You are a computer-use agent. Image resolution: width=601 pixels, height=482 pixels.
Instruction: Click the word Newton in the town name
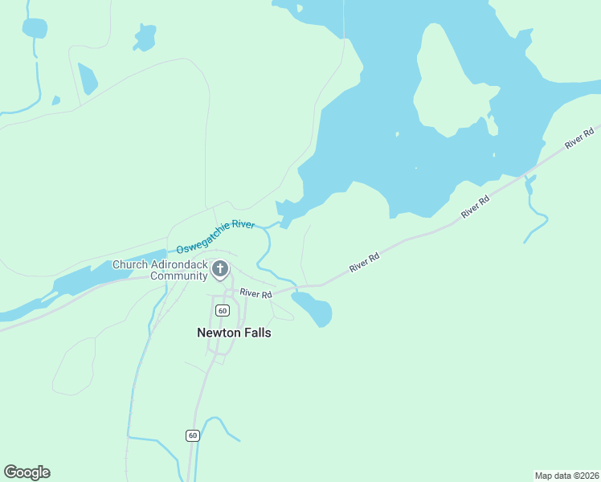pyautogui.click(x=219, y=332)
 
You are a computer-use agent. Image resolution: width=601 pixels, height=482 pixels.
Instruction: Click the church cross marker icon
pyautogui.click(x=220, y=270)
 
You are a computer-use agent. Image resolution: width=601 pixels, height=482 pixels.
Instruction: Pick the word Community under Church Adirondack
pyautogui.click(x=179, y=276)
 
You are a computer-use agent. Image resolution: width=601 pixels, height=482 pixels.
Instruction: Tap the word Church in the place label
pyautogui.click(x=129, y=264)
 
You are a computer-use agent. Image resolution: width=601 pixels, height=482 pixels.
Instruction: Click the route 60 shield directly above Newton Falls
pyautogui.click(x=223, y=310)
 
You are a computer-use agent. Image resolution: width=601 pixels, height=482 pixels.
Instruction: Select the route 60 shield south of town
pyautogui.click(x=193, y=435)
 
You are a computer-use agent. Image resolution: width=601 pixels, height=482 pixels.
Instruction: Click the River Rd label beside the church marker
pyautogui.click(x=256, y=294)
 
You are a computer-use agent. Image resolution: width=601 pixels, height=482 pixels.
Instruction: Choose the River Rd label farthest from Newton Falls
pyautogui.click(x=580, y=137)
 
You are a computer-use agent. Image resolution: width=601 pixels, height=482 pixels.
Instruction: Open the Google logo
pyautogui.click(x=27, y=472)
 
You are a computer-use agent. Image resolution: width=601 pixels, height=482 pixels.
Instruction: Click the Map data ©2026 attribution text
pyautogui.click(x=566, y=475)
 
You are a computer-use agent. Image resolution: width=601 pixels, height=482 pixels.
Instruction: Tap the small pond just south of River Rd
pyautogui.click(x=313, y=308)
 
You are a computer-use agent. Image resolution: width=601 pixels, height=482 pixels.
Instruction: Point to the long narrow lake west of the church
pyautogui.click(x=96, y=275)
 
